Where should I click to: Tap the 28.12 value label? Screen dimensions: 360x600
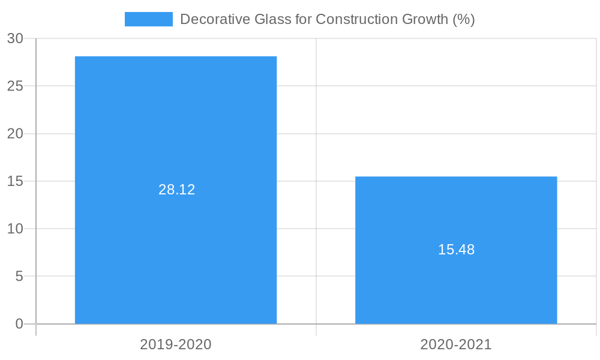tap(177, 190)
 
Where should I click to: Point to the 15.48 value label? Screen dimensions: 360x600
tap(456, 250)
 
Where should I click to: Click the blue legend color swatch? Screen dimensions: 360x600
tap(148, 19)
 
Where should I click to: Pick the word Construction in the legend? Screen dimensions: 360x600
tap(350, 19)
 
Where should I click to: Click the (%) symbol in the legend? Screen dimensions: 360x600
tap(464, 19)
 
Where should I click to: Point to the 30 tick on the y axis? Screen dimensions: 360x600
tap(15, 38)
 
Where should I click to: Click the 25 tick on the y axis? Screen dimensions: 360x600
tap(15, 86)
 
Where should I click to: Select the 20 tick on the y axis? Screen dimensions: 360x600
tap(15, 134)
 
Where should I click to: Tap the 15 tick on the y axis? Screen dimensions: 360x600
tap(15, 181)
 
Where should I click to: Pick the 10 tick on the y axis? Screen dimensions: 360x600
tap(15, 229)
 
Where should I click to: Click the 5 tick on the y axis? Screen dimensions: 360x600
tap(19, 277)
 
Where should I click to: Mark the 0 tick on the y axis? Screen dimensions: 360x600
tap(19, 324)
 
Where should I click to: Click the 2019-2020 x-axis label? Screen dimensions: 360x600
tap(176, 344)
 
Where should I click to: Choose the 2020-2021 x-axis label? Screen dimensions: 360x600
tap(456, 344)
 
